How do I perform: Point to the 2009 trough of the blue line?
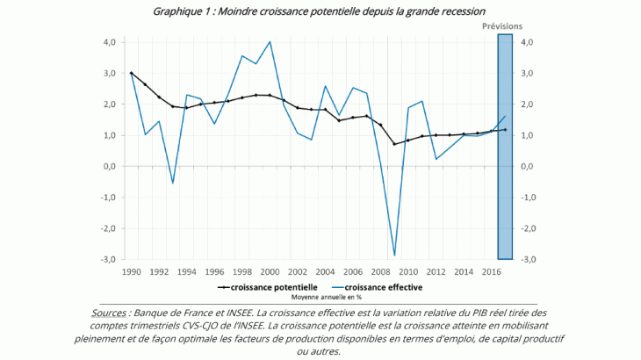(x=394, y=256)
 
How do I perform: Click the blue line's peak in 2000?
(x=270, y=41)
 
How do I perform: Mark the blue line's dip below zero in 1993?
(x=173, y=183)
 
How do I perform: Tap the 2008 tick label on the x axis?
(x=380, y=272)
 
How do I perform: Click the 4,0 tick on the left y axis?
(x=111, y=42)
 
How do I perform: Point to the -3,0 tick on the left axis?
(x=109, y=259)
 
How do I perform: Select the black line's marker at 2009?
(x=394, y=144)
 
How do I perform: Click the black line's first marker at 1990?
(x=131, y=73)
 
